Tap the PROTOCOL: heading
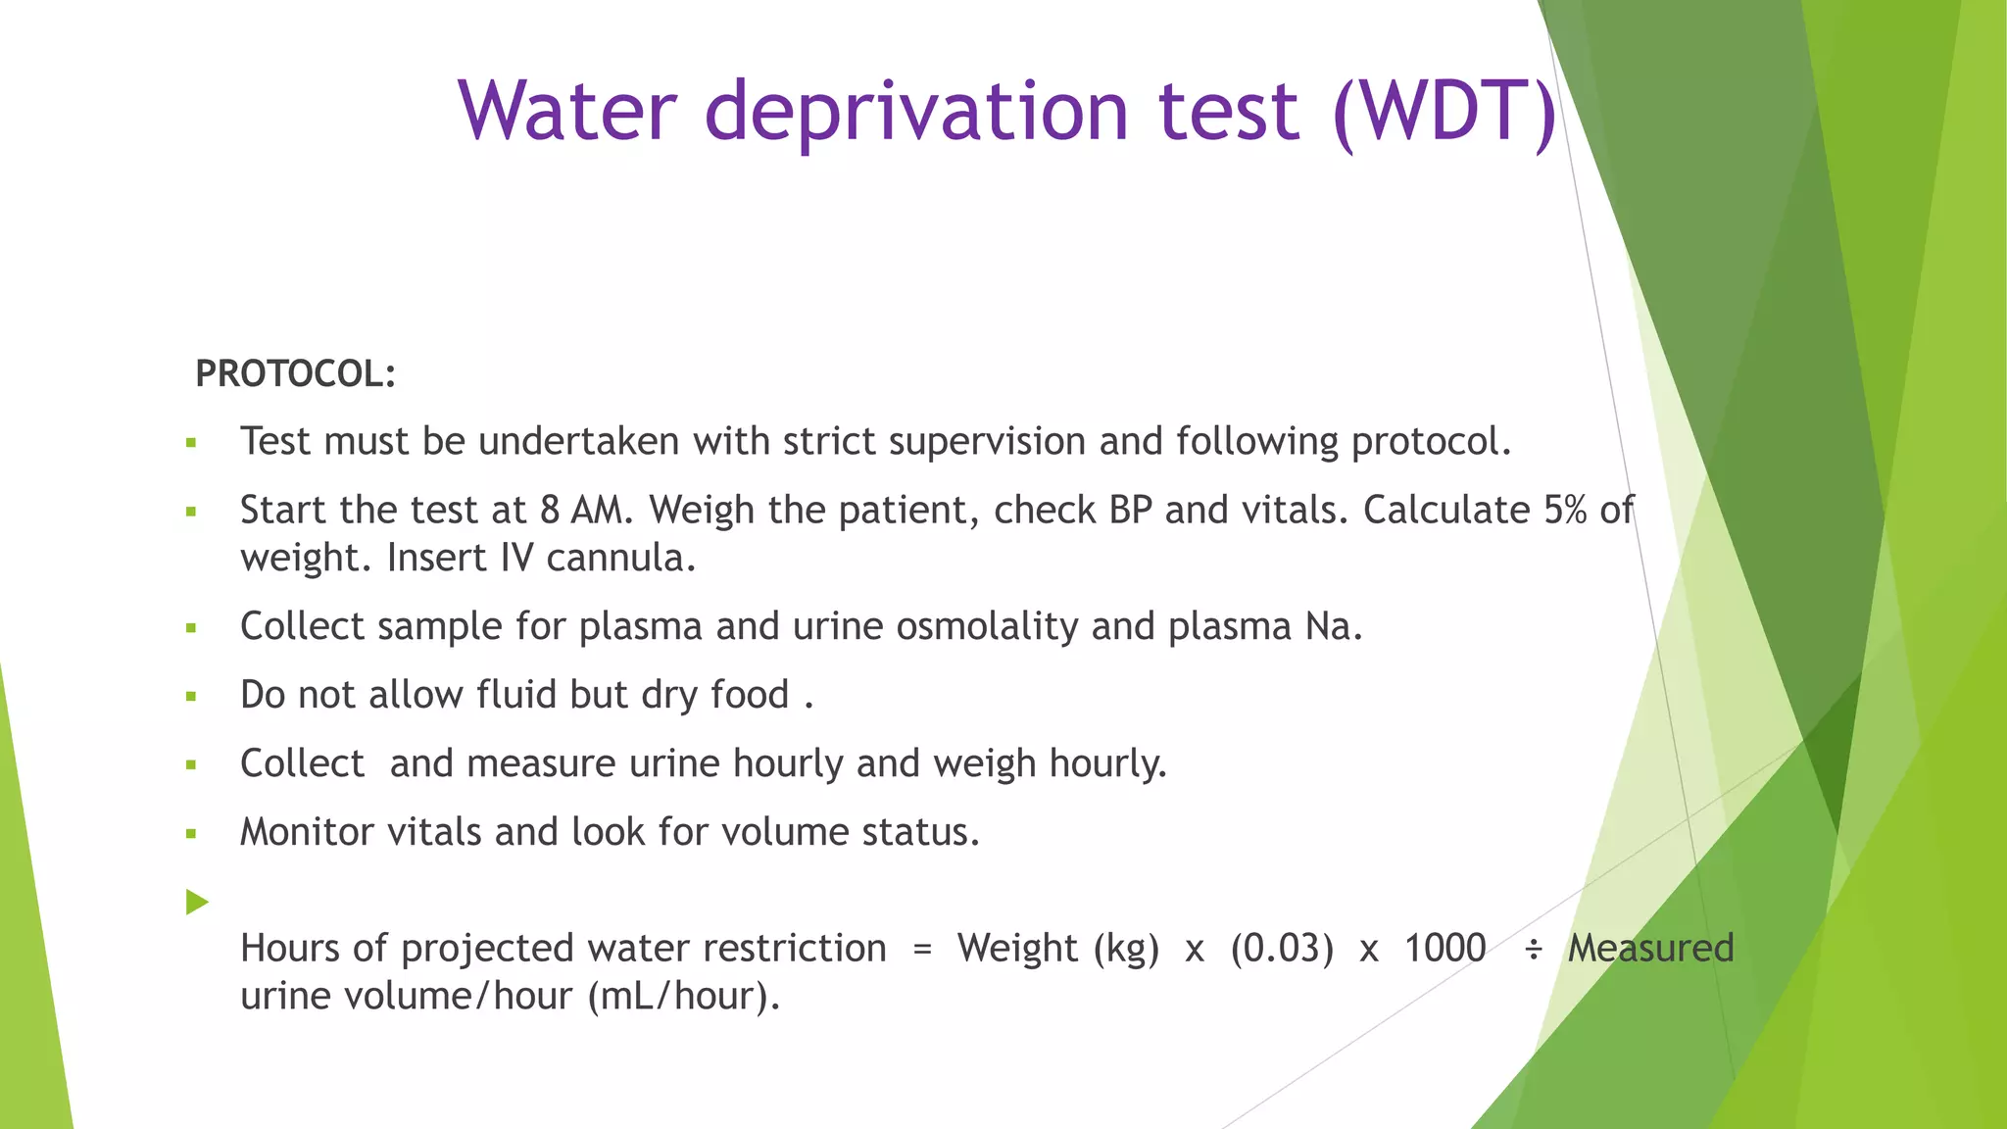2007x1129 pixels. click(296, 374)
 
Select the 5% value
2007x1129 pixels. click(1565, 511)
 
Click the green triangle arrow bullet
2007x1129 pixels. click(197, 902)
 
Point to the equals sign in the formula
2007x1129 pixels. click(922, 949)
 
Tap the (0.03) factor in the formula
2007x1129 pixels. click(1282, 949)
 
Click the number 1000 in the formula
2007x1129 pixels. click(1444, 949)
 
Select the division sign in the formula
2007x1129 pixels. click(1534, 949)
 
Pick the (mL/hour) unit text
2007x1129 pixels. click(683, 997)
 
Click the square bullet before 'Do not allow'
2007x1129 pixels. click(191, 697)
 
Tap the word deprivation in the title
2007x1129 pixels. click(917, 112)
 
